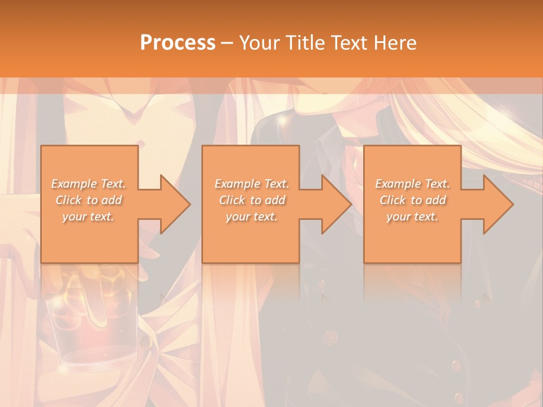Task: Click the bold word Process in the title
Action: [178, 43]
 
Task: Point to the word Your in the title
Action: [260, 43]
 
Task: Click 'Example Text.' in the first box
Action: [89, 184]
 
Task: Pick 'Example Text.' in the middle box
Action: [252, 184]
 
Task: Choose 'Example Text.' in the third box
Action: [412, 184]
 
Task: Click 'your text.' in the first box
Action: [89, 217]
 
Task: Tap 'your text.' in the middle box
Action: [252, 217]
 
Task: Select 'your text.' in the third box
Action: [412, 217]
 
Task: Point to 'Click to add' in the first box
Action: [89, 200]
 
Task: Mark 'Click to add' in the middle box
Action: [252, 200]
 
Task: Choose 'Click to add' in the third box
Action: [412, 200]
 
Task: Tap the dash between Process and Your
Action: [227, 43]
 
